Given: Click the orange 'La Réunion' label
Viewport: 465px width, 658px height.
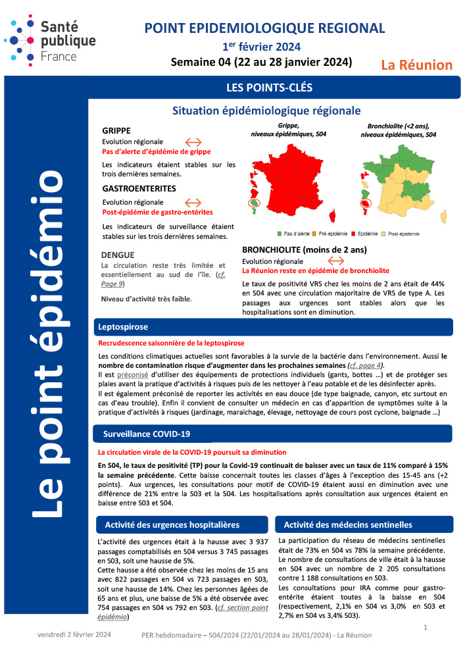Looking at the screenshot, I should [x=417, y=64].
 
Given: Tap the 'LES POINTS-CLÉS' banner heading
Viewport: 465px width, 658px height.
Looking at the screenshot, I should [x=269, y=87].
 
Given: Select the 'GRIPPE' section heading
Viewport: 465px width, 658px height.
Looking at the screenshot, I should [x=117, y=130].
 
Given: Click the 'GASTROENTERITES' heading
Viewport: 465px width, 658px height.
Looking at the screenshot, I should [x=139, y=188].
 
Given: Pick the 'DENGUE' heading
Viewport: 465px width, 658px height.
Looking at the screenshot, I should [x=118, y=255].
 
